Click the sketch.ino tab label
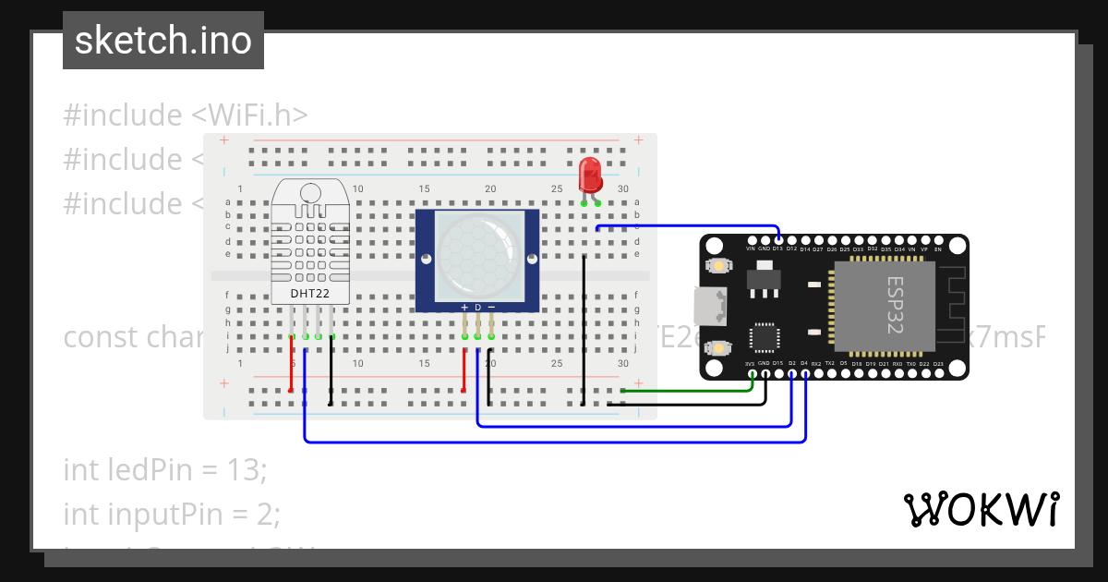click(163, 41)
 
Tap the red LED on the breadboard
click(588, 176)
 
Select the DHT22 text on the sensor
click(310, 294)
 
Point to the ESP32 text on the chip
click(895, 305)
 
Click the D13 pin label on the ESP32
click(777, 249)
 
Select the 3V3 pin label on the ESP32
click(750, 364)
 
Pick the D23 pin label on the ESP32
click(938, 364)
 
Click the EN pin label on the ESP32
click(938, 249)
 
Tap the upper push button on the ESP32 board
click(717, 266)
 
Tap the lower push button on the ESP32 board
click(717, 348)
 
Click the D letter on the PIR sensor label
click(477, 307)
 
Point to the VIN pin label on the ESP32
click(750, 249)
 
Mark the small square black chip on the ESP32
click(765, 337)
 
